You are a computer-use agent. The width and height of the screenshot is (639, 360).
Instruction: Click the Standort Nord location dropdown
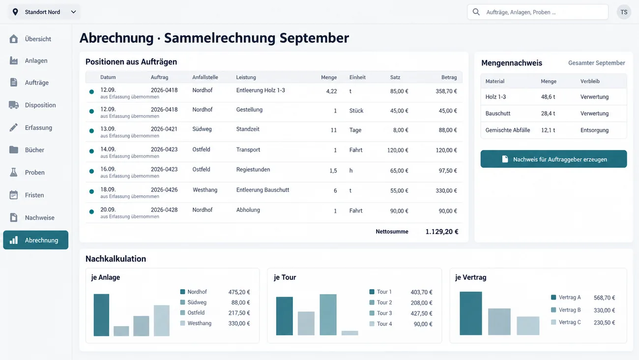tap(44, 12)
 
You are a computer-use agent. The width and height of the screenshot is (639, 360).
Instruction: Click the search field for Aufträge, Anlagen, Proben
tap(537, 12)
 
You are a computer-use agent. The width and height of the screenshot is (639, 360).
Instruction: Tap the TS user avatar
tap(624, 12)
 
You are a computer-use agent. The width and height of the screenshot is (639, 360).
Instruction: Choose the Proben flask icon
tap(14, 172)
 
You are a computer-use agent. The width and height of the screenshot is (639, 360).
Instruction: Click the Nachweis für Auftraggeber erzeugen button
tap(553, 159)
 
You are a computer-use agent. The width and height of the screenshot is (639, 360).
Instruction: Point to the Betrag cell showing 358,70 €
tap(446, 91)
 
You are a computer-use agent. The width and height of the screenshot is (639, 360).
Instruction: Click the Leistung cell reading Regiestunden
tap(253, 170)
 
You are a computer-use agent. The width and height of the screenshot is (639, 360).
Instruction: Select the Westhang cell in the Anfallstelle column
tap(205, 190)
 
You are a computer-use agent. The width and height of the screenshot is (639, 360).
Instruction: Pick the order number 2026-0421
tap(164, 129)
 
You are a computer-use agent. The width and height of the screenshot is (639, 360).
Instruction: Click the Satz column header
tap(395, 77)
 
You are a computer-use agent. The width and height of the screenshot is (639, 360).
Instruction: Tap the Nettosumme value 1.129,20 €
tap(441, 232)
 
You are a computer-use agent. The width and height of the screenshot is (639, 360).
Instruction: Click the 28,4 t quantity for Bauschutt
tap(548, 113)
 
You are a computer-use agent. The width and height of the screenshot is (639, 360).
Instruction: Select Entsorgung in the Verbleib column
tap(594, 130)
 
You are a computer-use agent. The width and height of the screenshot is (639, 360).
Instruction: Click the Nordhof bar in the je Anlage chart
tap(101, 315)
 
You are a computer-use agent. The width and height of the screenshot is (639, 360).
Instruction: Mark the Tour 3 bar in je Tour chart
tap(328, 315)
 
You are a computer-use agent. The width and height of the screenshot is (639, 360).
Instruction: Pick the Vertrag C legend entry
tap(566, 322)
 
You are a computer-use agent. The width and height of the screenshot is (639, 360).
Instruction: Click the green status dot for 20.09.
tap(91, 211)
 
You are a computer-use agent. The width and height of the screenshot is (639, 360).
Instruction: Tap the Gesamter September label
tap(597, 63)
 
